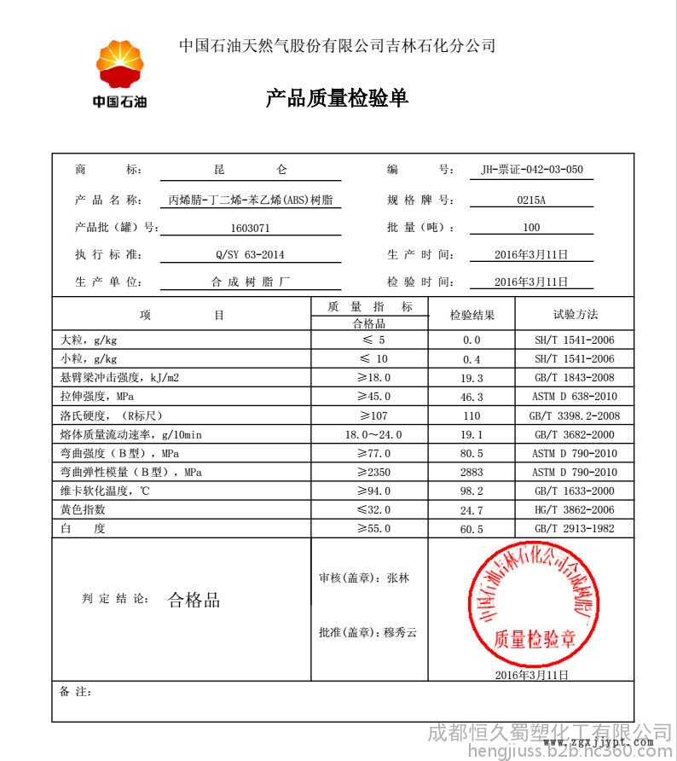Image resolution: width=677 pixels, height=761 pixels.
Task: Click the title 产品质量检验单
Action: coord(338,99)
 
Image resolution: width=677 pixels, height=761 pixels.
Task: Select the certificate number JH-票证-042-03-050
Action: coord(532,170)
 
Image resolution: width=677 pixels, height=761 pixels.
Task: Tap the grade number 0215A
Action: coord(531,200)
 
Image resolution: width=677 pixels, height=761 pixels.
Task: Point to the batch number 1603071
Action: coord(250,228)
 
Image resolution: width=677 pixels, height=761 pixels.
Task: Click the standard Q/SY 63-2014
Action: coord(250,254)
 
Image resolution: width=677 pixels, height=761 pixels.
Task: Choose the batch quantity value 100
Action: coord(531,228)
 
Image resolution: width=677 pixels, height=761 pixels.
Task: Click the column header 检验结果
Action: coord(472,315)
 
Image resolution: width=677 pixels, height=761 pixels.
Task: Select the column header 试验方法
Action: coord(575,315)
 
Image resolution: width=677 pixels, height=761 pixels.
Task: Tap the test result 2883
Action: coord(472,472)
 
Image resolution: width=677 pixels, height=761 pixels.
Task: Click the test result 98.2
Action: coord(472,491)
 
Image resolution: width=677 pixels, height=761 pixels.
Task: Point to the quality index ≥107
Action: coord(369,415)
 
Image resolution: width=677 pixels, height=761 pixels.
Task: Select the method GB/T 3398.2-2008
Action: coord(575,415)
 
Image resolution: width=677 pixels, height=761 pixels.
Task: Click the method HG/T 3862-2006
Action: coord(575,509)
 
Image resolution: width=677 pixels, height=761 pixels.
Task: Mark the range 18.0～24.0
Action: coord(369,434)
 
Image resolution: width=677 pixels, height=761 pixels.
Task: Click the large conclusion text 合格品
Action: coord(194,600)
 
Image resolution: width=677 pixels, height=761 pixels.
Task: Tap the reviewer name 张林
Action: coord(397,578)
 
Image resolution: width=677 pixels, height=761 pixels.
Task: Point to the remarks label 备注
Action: coord(76,691)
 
